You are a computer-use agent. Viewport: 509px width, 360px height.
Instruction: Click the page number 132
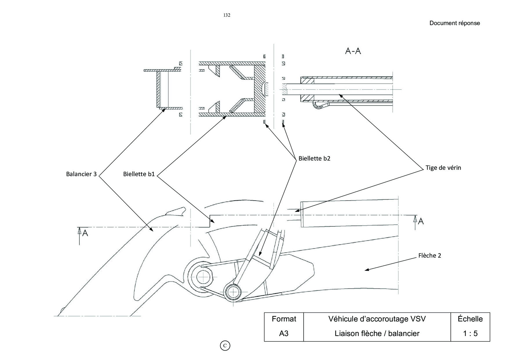pyautogui.click(x=227, y=15)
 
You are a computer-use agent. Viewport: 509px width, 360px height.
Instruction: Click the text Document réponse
pyautogui.click(x=455, y=23)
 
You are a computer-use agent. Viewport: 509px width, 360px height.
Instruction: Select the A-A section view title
pyautogui.click(x=353, y=51)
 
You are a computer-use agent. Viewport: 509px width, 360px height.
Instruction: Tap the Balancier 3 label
pyautogui.click(x=81, y=174)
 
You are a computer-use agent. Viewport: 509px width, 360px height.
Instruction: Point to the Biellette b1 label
pyautogui.click(x=139, y=174)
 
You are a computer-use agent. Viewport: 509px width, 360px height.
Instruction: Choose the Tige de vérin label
pyautogui.click(x=443, y=168)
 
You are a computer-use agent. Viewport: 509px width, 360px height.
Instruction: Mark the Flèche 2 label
pyautogui.click(x=430, y=256)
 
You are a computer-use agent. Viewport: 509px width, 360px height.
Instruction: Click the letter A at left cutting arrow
pyautogui.click(x=85, y=233)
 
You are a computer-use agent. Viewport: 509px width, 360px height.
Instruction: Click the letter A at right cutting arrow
pyautogui.click(x=421, y=221)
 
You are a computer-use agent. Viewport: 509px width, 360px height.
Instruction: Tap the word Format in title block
pyautogui.click(x=284, y=319)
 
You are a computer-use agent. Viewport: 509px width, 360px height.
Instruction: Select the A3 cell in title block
pyautogui.click(x=284, y=334)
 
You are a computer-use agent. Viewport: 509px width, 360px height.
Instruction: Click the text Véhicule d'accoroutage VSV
pyautogui.click(x=377, y=319)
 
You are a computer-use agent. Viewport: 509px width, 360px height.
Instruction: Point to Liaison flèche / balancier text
pyautogui.click(x=377, y=334)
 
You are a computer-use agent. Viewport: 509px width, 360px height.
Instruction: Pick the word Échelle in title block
pyautogui.click(x=470, y=319)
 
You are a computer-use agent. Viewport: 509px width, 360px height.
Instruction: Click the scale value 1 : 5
pyautogui.click(x=470, y=334)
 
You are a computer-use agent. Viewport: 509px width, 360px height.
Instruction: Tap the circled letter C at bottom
pyautogui.click(x=225, y=346)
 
